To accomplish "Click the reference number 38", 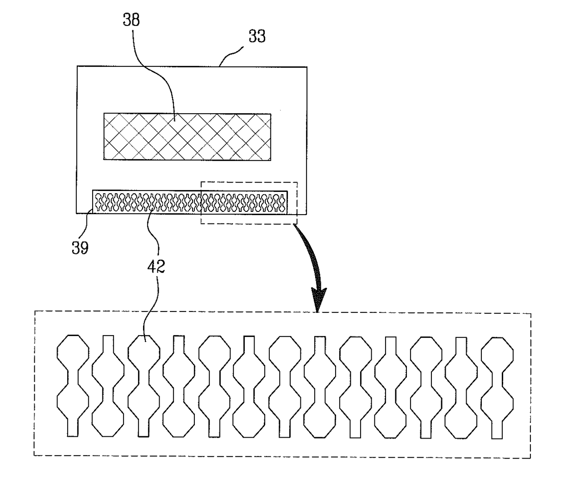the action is pos(131,20).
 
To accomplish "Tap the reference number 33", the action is pos(257,37).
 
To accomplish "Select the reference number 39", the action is pos(80,248).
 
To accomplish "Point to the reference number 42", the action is pos(156,266).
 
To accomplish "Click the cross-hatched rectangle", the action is pos(187,137).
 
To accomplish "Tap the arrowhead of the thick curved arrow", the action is pos(318,299).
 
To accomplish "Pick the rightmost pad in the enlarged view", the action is pos(497,388).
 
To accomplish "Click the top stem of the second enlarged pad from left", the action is pos(108,344).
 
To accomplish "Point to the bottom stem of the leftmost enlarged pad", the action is pos(73,427).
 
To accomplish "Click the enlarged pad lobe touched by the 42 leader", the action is pos(144,352).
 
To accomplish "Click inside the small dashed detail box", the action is pos(249,203).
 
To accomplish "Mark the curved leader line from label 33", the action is pos(231,56).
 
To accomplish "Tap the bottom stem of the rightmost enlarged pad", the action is pos(497,429).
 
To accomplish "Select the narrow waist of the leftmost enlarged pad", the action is pos(73,377).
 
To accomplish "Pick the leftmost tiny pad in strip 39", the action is pos(98,202).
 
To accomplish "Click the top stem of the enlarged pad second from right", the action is pos(462,346).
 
